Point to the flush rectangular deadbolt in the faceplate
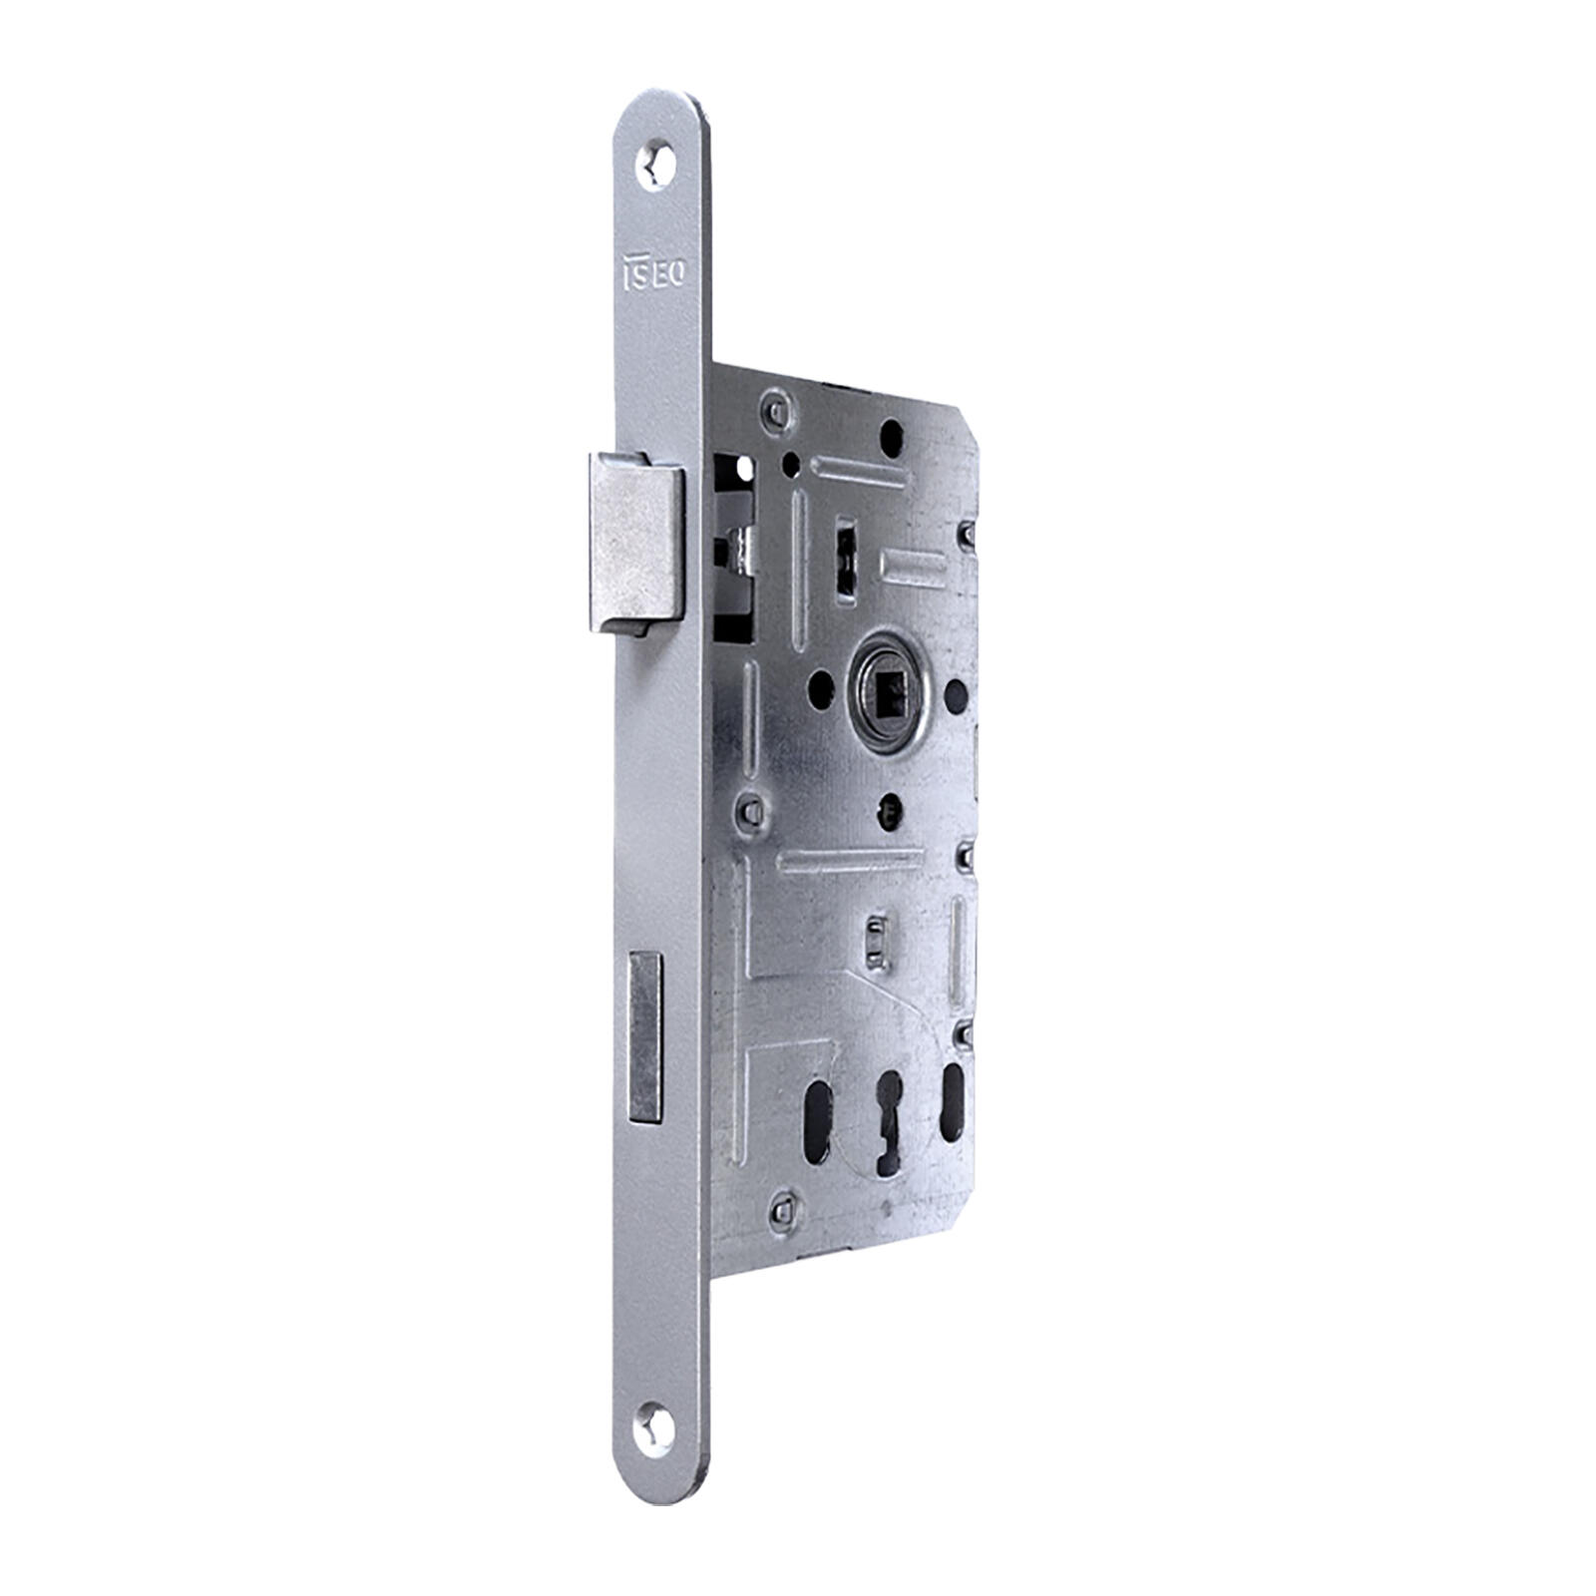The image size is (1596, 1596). pos(644,1035)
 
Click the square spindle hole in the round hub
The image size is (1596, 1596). pos(889,683)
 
